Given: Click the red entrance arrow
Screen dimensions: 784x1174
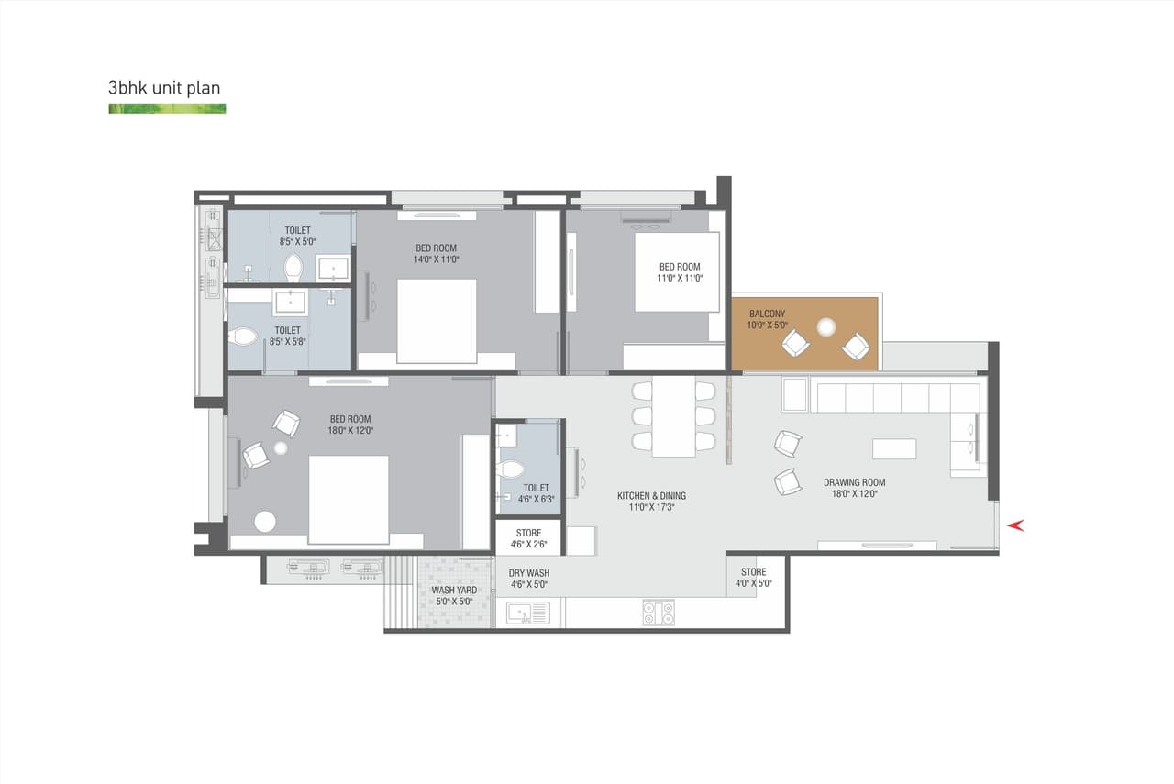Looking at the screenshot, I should [x=1015, y=525].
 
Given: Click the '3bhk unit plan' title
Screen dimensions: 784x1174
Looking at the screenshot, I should [x=164, y=89].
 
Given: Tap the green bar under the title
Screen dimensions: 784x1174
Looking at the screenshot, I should [x=167, y=108].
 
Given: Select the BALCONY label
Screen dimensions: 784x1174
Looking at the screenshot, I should [x=767, y=314].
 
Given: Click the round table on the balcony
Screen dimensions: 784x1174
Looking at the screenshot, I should [x=826, y=326].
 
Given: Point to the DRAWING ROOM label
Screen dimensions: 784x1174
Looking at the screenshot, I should [x=854, y=482].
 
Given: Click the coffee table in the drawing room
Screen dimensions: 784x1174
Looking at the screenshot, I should [x=893, y=448].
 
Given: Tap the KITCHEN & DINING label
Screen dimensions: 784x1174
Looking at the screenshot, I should [x=651, y=496].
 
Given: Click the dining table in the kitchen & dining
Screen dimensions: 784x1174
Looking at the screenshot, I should [x=673, y=416].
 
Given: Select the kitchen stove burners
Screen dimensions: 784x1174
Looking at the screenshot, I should [x=658, y=613].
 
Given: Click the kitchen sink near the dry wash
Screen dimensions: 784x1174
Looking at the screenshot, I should [x=527, y=613].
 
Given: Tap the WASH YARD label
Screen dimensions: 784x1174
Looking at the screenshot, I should [x=454, y=590].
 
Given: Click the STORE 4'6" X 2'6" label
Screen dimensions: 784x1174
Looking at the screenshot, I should [x=528, y=533].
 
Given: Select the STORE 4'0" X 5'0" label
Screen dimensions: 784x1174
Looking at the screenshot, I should [x=753, y=572].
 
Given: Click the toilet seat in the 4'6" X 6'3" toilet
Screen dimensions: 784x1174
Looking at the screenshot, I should [x=509, y=470].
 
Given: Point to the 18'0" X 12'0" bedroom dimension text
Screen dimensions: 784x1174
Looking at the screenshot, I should [x=351, y=430].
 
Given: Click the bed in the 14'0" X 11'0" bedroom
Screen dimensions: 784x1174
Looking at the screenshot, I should [x=437, y=321].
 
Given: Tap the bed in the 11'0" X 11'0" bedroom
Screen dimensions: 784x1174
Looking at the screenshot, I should [x=677, y=271].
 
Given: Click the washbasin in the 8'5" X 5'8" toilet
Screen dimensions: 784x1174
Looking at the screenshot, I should [x=291, y=302].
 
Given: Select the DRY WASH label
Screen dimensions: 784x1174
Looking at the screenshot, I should [x=529, y=573].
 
